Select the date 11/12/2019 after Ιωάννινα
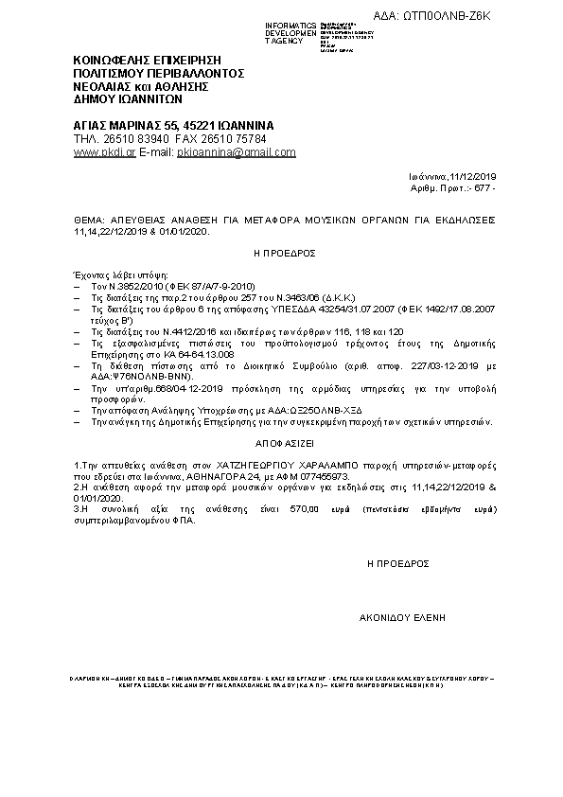pyautogui.click(x=479, y=177)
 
